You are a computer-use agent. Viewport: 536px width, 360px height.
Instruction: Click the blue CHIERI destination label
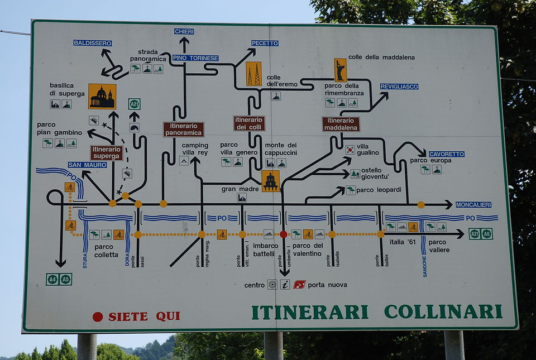click(x=184, y=31)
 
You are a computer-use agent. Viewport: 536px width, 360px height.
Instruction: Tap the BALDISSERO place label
click(x=92, y=43)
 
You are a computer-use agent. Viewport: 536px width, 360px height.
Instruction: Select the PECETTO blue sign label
click(x=265, y=43)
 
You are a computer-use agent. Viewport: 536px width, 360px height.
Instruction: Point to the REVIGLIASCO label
click(x=399, y=87)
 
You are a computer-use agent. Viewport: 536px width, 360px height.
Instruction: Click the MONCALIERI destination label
click(x=473, y=205)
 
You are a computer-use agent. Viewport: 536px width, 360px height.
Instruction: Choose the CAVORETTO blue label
click(x=447, y=154)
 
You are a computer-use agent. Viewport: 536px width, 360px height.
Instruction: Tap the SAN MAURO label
click(x=87, y=165)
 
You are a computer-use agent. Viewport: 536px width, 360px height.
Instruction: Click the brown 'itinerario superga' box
click(x=106, y=153)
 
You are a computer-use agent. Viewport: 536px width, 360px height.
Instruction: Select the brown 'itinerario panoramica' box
click(x=184, y=129)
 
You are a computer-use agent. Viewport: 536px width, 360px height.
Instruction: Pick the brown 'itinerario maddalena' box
click(x=341, y=124)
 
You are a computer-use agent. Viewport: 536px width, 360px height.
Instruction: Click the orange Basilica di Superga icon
click(x=102, y=97)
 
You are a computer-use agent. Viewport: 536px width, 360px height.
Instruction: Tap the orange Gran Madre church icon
click(x=270, y=181)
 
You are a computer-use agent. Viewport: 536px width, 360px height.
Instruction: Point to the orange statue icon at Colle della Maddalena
click(x=340, y=70)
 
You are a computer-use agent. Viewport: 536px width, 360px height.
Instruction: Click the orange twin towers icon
click(x=253, y=74)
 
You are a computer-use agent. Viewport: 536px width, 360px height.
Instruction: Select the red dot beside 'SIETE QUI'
click(x=97, y=317)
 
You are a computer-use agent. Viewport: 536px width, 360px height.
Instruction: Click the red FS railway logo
click(x=299, y=285)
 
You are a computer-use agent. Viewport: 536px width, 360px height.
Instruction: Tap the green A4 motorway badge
click(x=52, y=280)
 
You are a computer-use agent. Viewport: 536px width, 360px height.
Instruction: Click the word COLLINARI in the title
click(x=443, y=312)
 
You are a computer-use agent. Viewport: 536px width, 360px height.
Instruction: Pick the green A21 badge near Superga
click(x=135, y=104)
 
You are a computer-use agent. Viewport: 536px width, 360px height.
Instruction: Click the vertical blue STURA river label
click(x=85, y=261)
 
